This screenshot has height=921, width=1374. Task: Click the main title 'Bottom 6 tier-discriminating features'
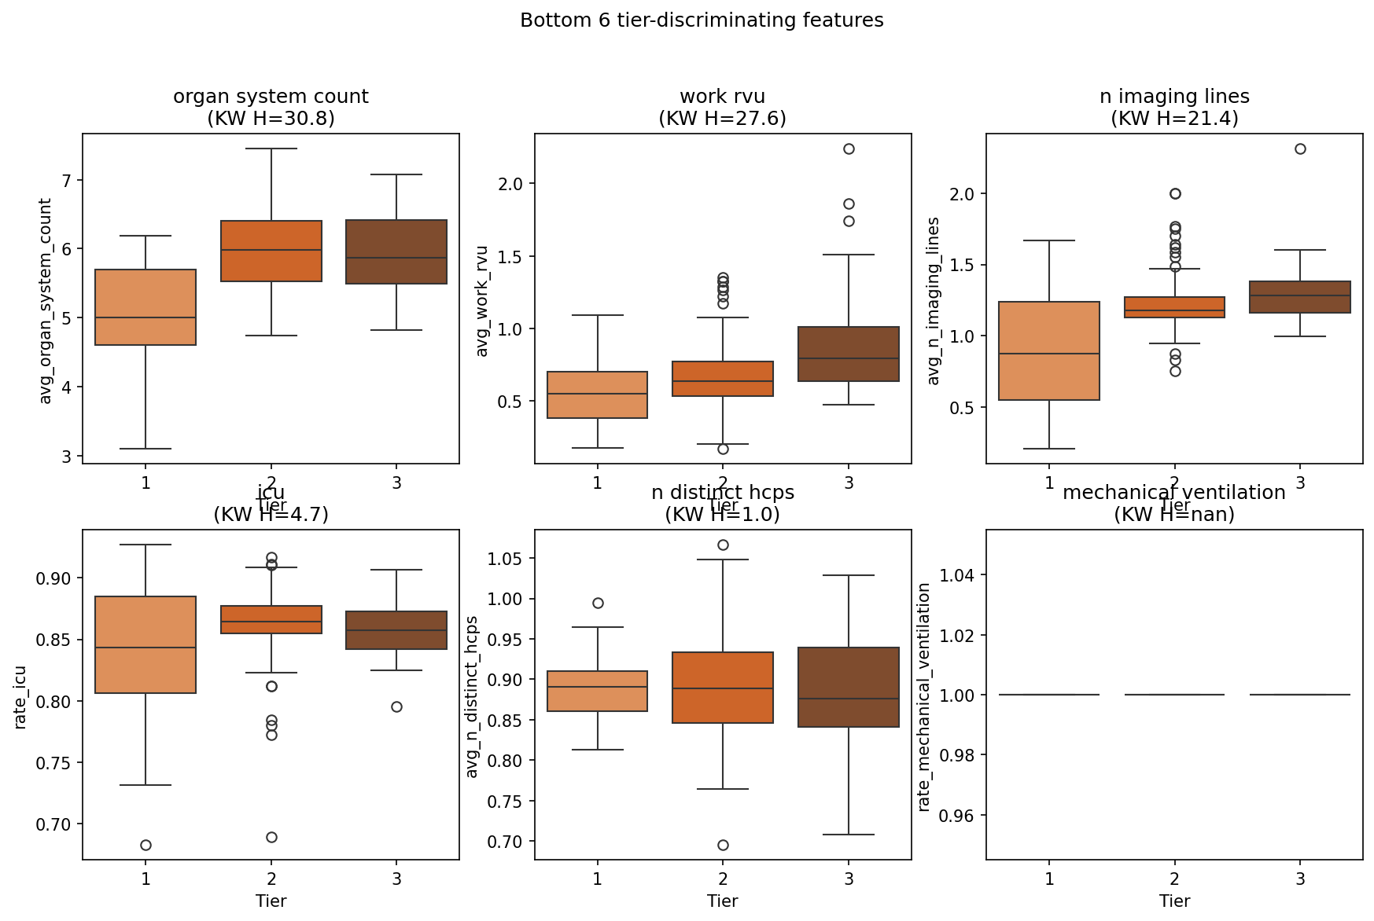(x=702, y=20)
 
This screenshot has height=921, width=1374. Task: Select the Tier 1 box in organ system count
(x=146, y=307)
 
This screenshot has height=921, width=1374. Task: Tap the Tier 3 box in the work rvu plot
(x=849, y=354)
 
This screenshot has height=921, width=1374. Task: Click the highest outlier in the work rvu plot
(x=849, y=149)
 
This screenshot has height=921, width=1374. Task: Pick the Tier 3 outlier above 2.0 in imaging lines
(x=1300, y=149)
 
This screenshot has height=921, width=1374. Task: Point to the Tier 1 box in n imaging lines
(x=1049, y=350)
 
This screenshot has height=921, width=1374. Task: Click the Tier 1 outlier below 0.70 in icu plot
(x=146, y=845)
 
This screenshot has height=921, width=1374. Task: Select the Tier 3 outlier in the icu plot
(x=396, y=706)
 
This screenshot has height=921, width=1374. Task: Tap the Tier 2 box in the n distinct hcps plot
(x=723, y=688)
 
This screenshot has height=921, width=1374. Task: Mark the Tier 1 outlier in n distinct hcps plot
(x=598, y=603)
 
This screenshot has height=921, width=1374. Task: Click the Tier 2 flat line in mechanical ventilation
(x=1174, y=695)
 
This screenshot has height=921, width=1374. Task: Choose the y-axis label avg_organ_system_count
(x=46, y=300)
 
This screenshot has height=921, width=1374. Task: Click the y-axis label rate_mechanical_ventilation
(x=924, y=696)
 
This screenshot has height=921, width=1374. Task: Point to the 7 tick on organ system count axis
(x=67, y=181)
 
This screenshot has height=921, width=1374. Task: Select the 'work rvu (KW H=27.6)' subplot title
(x=722, y=108)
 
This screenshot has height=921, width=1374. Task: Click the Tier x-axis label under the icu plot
(x=271, y=901)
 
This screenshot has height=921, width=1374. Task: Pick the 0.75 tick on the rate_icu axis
(x=53, y=763)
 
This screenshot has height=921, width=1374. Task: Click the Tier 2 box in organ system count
(x=271, y=251)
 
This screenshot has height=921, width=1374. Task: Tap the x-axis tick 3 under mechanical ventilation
(x=1300, y=879)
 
